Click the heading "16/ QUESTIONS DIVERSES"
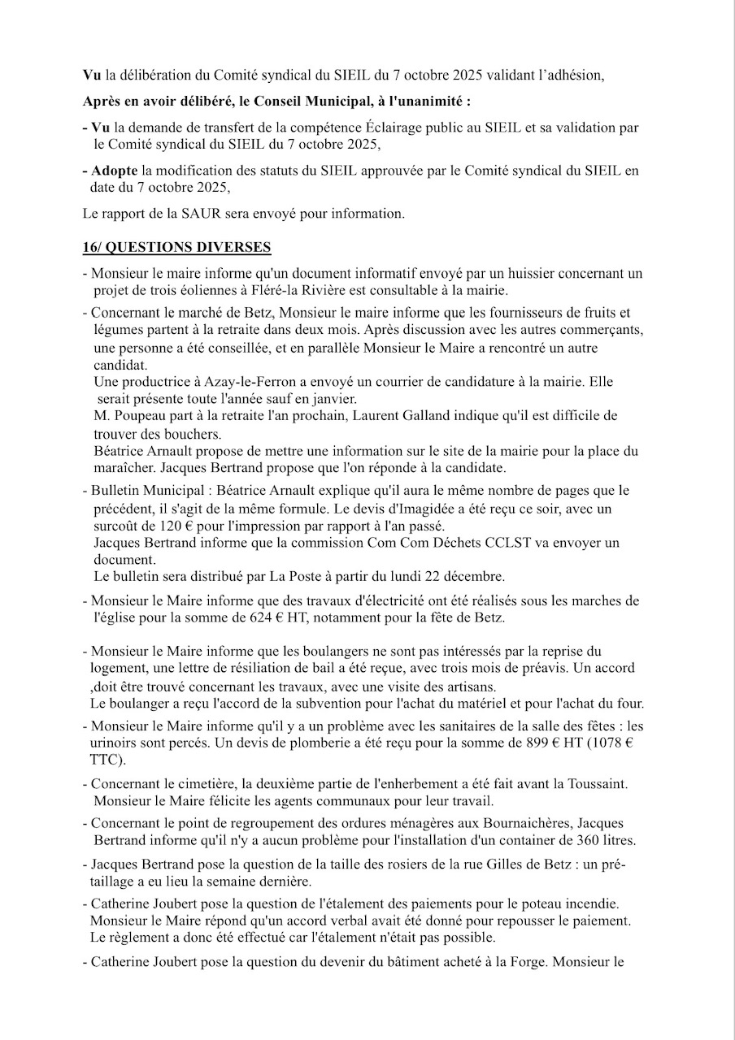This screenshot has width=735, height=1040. tap(177, 247)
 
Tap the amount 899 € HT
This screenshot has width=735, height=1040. tap(559, 744)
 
